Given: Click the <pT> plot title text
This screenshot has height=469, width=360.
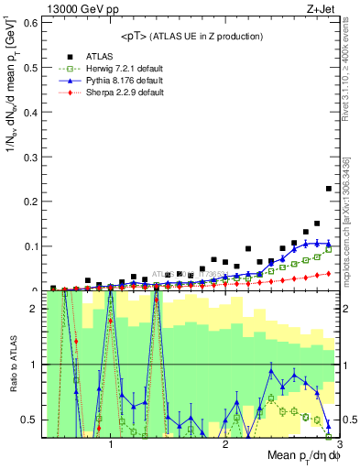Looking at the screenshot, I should click(191, 36).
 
